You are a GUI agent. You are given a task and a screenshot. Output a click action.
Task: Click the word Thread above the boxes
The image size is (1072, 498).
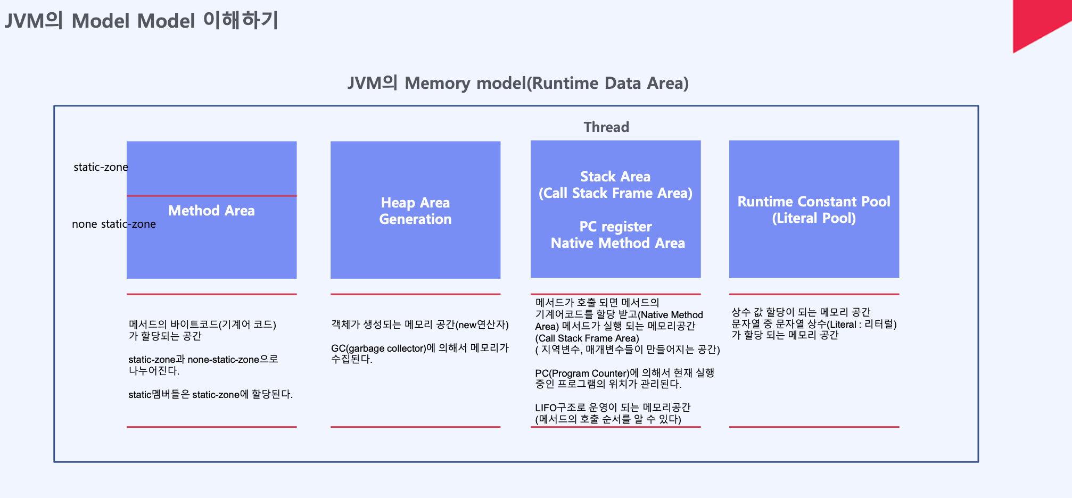coord(606,127)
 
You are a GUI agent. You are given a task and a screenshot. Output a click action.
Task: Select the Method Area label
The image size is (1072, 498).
coord(211,211)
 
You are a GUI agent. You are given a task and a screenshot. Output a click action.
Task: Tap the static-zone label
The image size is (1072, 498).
coord(101,167)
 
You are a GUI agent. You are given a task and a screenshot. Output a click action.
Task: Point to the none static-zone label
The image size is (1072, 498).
coord(113,224)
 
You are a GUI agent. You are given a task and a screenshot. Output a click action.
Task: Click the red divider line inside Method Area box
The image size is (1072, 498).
coord(211,196)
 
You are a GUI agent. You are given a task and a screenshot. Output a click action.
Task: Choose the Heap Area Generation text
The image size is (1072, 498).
coord(415,211)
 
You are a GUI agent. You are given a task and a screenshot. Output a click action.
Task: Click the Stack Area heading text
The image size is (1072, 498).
coord(615,177)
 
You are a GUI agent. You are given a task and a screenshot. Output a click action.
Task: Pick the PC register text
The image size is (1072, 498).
coord(615,227)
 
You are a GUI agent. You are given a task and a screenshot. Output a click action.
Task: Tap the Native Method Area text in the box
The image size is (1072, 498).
coord(617,243)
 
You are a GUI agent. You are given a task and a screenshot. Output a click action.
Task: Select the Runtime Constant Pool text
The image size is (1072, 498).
coord(813,202)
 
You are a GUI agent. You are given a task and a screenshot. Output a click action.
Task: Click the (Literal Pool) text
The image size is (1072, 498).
coord(813,218)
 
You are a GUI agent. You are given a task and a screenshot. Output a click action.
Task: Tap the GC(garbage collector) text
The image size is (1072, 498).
coord(378,348)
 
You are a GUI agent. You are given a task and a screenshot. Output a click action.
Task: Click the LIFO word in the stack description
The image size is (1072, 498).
coord(546,408)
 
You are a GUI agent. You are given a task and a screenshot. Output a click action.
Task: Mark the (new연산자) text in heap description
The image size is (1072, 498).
coord(482,325)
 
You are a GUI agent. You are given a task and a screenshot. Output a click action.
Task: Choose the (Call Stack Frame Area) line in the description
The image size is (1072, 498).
coord(587,338)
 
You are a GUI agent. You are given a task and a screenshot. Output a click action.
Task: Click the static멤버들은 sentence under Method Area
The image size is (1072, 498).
coord(210,394)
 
